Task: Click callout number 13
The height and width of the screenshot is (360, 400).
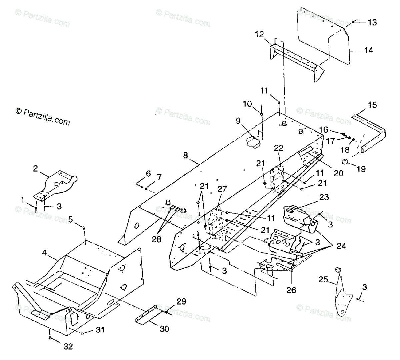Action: (x=372, y=22)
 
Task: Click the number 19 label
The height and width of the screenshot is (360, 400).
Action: (x=360, y=169)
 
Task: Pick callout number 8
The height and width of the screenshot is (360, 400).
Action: (x=186, y=155)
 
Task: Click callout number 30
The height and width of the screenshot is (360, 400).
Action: (x=164, y=329)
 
